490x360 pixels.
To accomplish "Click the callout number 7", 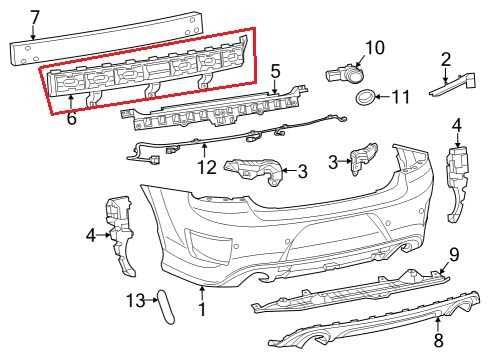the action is click(x=35, y=17).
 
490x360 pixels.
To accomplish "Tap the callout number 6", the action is click(x=71, y=118).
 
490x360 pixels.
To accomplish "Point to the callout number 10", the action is click(x=375, y=46).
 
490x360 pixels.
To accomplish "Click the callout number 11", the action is click(x=401, y=97).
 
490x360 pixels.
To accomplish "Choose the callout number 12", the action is click(x=206, y=167).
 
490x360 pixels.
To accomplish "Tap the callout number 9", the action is click(x=453, y=253).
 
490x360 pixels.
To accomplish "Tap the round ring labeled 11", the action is click(x=367, y=97).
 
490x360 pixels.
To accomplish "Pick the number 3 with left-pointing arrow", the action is click(x=301, y=172).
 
